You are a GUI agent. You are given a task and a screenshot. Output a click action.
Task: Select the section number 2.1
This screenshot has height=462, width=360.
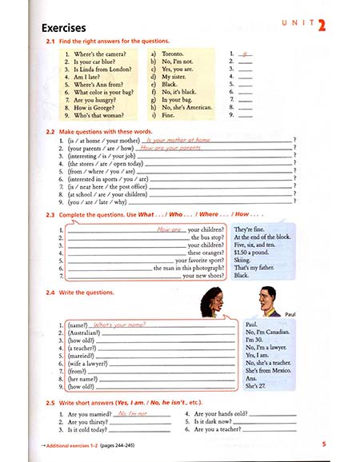(x=50, y=41)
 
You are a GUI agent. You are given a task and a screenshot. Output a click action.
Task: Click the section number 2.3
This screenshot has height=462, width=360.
(x=50, y=217)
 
